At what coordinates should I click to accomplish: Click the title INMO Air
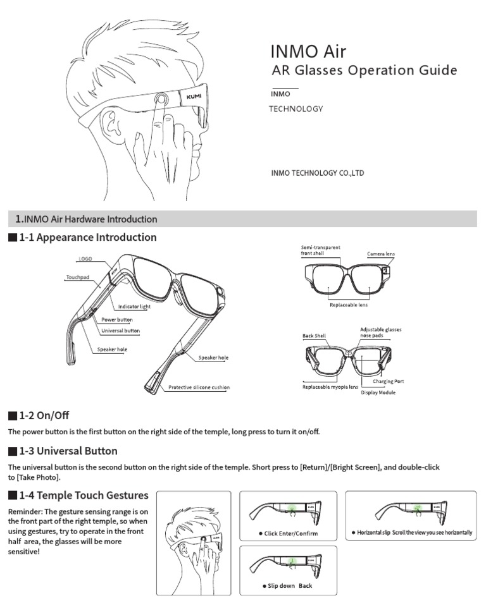click(308, 51)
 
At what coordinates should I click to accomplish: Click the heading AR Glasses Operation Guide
click(363, 70)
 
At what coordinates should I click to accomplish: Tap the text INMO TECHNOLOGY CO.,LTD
click(317, 173)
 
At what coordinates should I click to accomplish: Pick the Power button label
click(116, 320)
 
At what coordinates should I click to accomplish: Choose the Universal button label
click(120, 331)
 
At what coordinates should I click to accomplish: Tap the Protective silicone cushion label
click(199, 387)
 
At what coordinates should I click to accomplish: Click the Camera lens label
click(381, 254)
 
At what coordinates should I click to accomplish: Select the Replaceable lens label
click(349, 305)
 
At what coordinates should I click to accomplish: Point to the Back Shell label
click(314, 336)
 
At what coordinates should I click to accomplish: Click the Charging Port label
click(388, 382)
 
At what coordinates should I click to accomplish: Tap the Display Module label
click(378, 393)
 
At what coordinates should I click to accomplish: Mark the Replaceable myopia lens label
click(330, 386)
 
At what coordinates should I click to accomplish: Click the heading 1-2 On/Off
click(44, 415)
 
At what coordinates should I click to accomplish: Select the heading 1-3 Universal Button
click(68, 451)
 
